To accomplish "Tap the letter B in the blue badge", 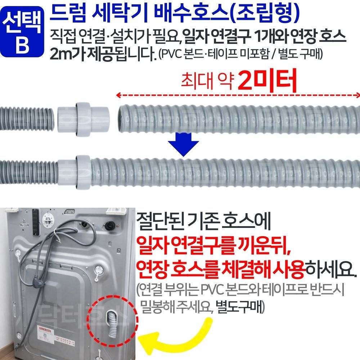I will pyautogui.click(x=22, y=44).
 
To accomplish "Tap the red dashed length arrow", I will pyautogui.click(x=238, y=95).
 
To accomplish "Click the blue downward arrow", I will pyautogui.click(x=184, y=143).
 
